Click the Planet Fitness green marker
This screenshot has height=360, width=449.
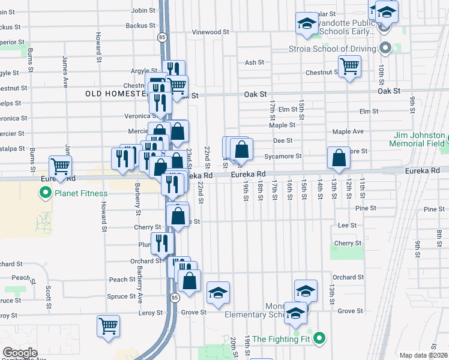[44, 193]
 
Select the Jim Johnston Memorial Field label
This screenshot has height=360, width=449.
[417, 140]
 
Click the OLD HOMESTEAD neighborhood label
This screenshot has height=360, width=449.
[116, 94]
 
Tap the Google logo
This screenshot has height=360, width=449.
[19, 353]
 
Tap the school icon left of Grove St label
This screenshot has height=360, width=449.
[218, 292]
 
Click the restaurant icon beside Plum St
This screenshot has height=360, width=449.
[161, 242]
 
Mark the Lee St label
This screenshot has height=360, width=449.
[344, 226]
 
